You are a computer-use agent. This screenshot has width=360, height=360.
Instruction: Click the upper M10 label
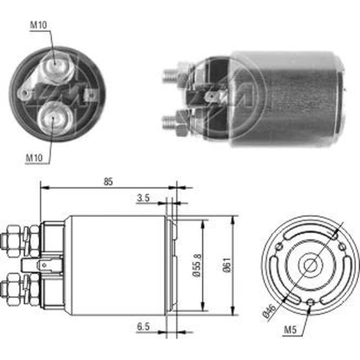[39, 25]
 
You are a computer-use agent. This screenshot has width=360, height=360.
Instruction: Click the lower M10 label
[34, 158]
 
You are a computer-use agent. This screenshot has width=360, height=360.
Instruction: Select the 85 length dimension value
[108, 181]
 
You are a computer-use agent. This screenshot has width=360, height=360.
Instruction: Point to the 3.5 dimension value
[143, 198]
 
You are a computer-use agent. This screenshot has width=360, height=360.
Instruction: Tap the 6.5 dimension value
[143, 327]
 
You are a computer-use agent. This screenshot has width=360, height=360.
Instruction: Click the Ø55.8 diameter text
[197, 266]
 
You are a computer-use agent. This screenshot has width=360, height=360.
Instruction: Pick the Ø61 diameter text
[227, 265]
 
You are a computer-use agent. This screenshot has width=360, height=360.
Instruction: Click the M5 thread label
[290, 330]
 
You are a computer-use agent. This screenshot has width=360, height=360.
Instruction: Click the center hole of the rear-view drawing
[310, 264]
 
